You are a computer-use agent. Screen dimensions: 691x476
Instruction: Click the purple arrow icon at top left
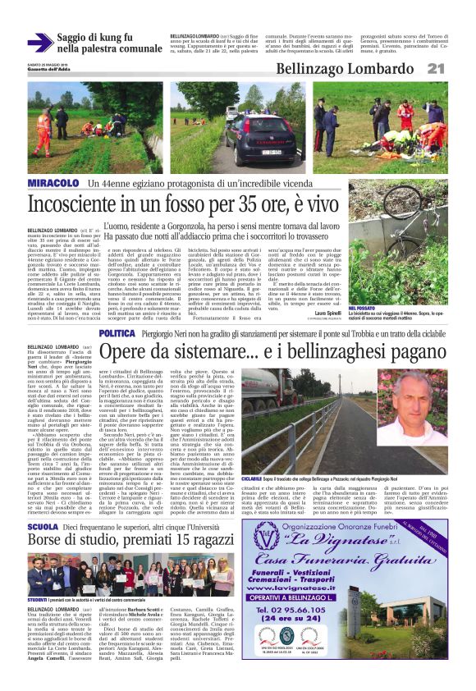click(40, 42)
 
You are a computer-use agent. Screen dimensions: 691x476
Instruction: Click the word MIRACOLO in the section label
click(53, 181)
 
